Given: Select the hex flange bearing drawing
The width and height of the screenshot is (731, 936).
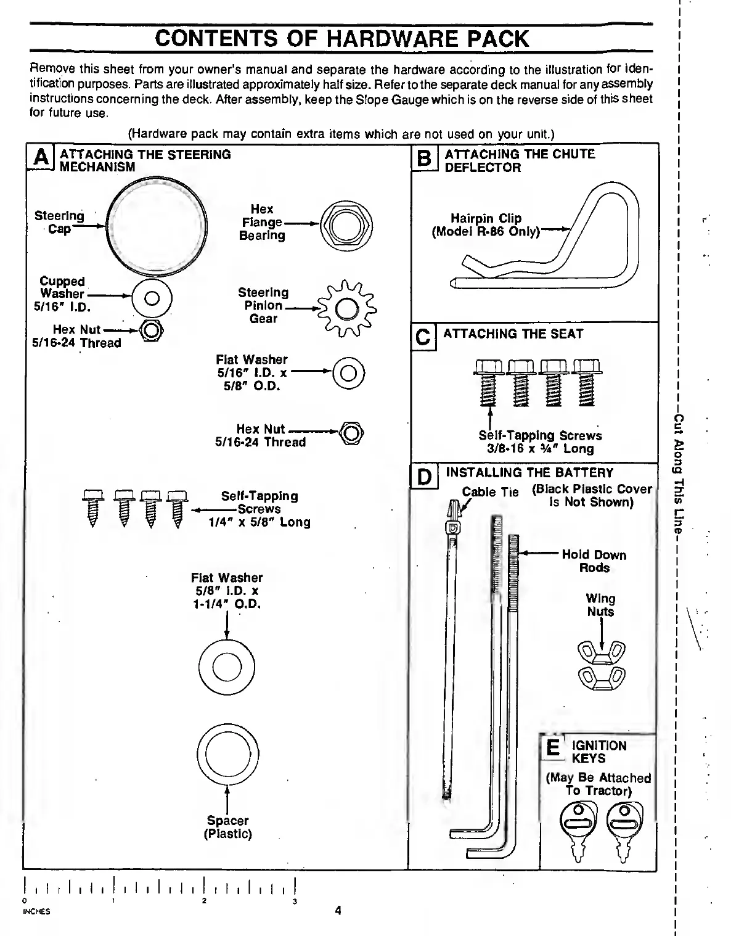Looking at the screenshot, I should pyautogui.click(x=347, y=226).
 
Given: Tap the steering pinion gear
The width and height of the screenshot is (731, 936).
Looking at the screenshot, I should pyautogui.click(x=346, y=308).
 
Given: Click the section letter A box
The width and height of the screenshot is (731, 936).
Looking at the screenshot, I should pyautogui.click(x=41, y=157).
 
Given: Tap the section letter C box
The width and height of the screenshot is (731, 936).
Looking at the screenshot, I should pyautogui.click(x=423, y=337).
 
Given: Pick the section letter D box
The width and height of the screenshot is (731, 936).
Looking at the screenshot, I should pyautogui.click(x=424, y=478).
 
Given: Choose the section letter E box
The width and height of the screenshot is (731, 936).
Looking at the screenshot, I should pyautogui.click(x=553, y=747).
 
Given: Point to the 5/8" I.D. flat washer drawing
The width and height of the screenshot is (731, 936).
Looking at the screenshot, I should pyautogui.click(x=227, y=668).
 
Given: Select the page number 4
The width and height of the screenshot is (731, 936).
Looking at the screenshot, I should pyautogui.click(x=338, y=911).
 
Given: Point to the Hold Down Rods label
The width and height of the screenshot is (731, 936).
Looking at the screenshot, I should pyautogui.click(x=594, y=561).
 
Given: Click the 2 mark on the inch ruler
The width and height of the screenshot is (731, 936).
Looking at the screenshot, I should pyautogui.click(x=204, y=902).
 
